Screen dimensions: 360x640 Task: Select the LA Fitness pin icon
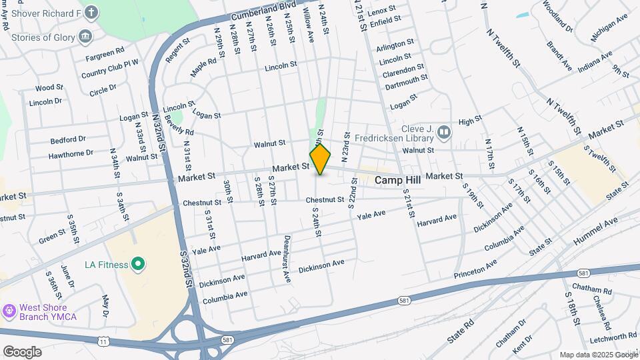[137, 265]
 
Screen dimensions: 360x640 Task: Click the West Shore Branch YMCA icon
[9, 311]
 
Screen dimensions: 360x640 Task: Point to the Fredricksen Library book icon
[444, 135]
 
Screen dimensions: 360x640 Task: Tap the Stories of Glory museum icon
[85, 36]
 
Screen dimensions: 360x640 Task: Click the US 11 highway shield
[103, 341]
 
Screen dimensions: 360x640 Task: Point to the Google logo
[22, 351]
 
